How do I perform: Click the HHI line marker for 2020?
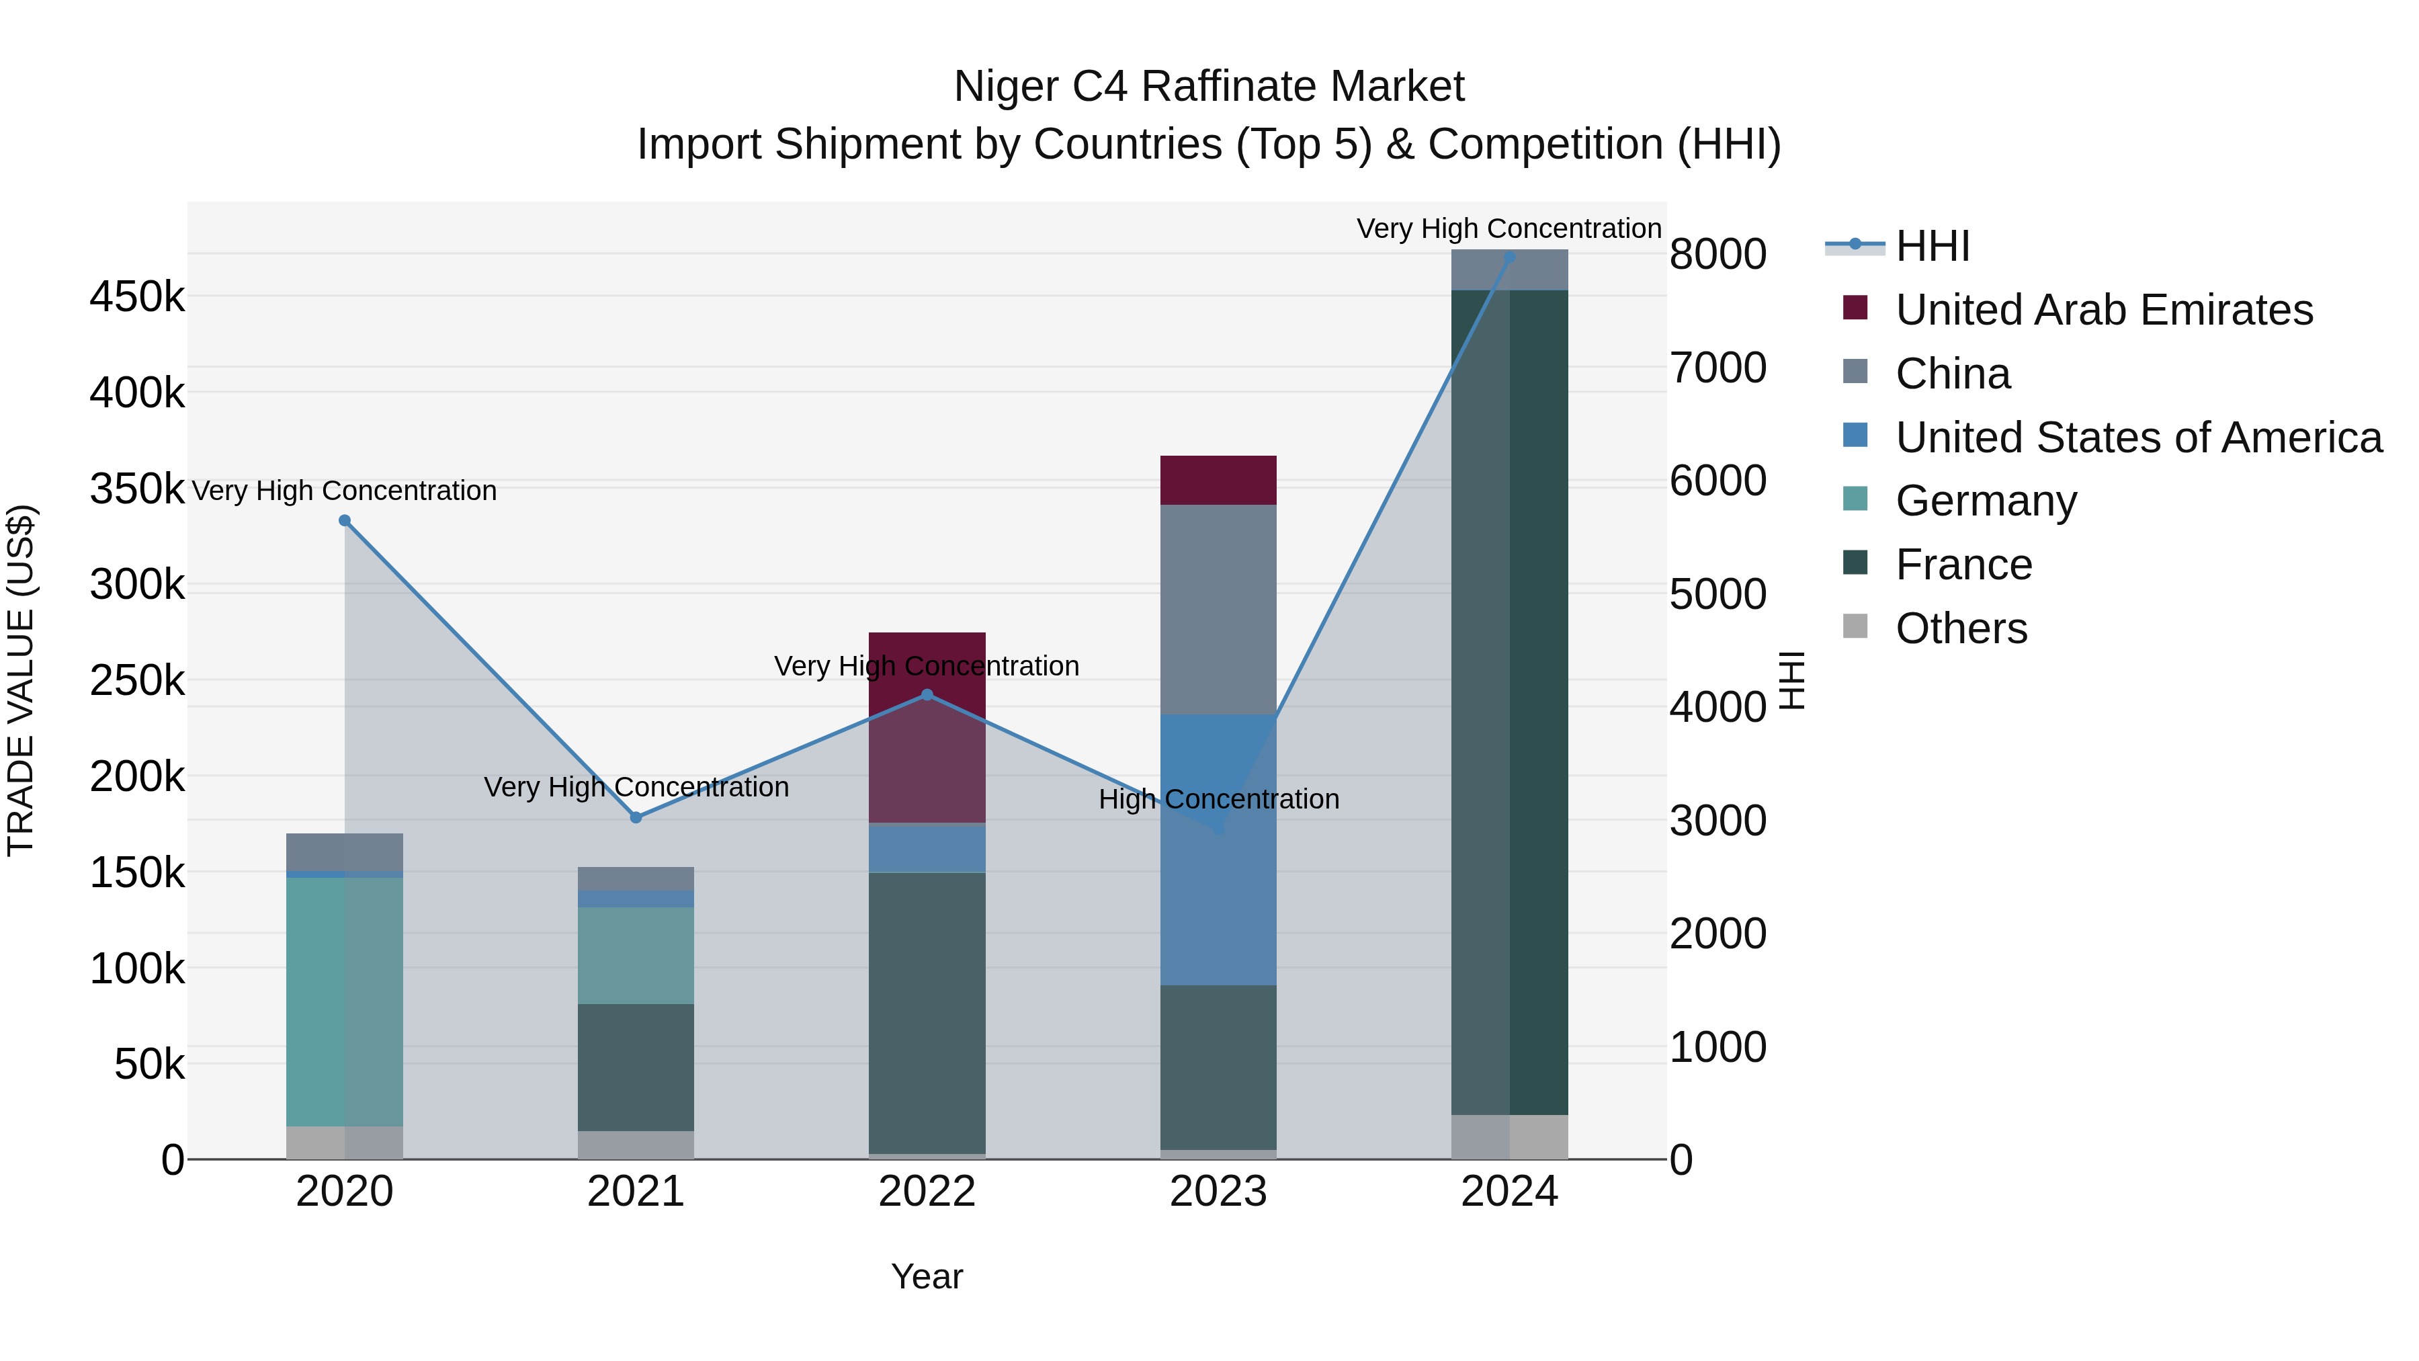345,520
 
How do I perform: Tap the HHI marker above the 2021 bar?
636,817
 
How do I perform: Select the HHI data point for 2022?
927,695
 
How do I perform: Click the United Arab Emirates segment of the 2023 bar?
1218,480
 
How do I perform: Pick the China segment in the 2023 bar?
1218,609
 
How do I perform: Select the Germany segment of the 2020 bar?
345,1000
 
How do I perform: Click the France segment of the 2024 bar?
1509,702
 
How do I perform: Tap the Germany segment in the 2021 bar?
636,954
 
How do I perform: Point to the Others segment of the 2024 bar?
1509,1137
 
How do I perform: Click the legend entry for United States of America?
2138,438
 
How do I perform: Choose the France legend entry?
1963,565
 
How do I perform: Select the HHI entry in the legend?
1932,246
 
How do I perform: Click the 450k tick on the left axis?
137,297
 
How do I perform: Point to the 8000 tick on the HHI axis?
1717,255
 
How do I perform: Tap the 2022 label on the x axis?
927,1192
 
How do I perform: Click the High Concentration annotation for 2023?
1218,799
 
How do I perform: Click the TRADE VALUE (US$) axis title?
21,680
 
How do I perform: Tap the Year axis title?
927,1276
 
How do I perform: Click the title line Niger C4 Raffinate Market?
1209,87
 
